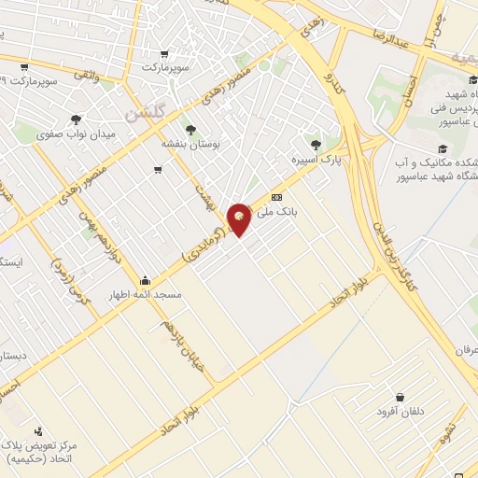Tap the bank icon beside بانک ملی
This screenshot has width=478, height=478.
click(x=276, y=198)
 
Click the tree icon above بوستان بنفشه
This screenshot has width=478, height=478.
click(x=191, y=130)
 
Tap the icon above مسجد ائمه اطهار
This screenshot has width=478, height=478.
click(x=145, y=280)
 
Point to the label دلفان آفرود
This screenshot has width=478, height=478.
click(x=401, y=412)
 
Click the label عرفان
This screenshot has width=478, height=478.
click(x=463, y=346)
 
